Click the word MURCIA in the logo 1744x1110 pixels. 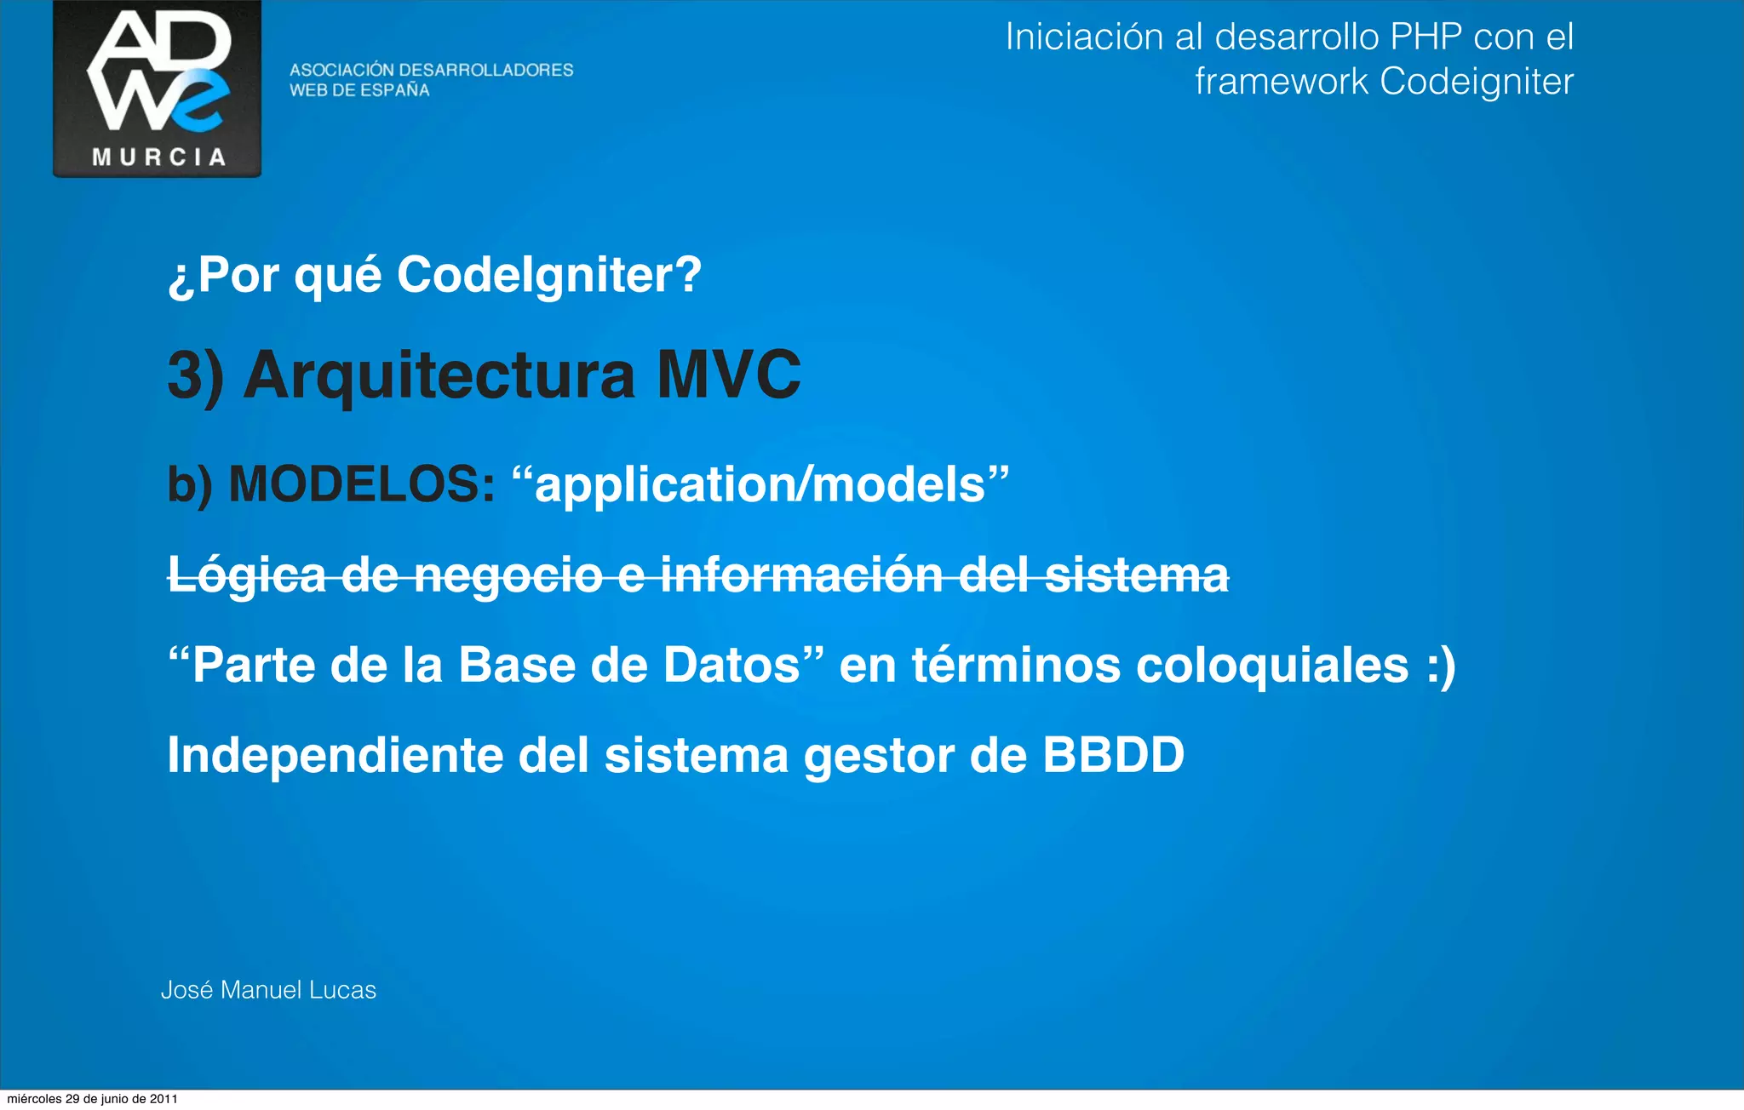tap(158, 157)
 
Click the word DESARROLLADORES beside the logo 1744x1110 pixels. tap(486, 70)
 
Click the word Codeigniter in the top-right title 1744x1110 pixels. tap(1476, 82)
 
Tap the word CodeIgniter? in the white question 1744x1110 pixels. tap(549, 275)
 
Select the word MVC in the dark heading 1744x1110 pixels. tap(728, 375)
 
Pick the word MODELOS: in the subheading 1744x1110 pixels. tap(362, 484)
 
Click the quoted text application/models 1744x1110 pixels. tap(760, 485)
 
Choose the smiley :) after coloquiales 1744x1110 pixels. tap(1441, 666)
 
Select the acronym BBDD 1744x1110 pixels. tap(1113, 755)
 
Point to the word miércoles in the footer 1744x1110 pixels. tap(34, 1099)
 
